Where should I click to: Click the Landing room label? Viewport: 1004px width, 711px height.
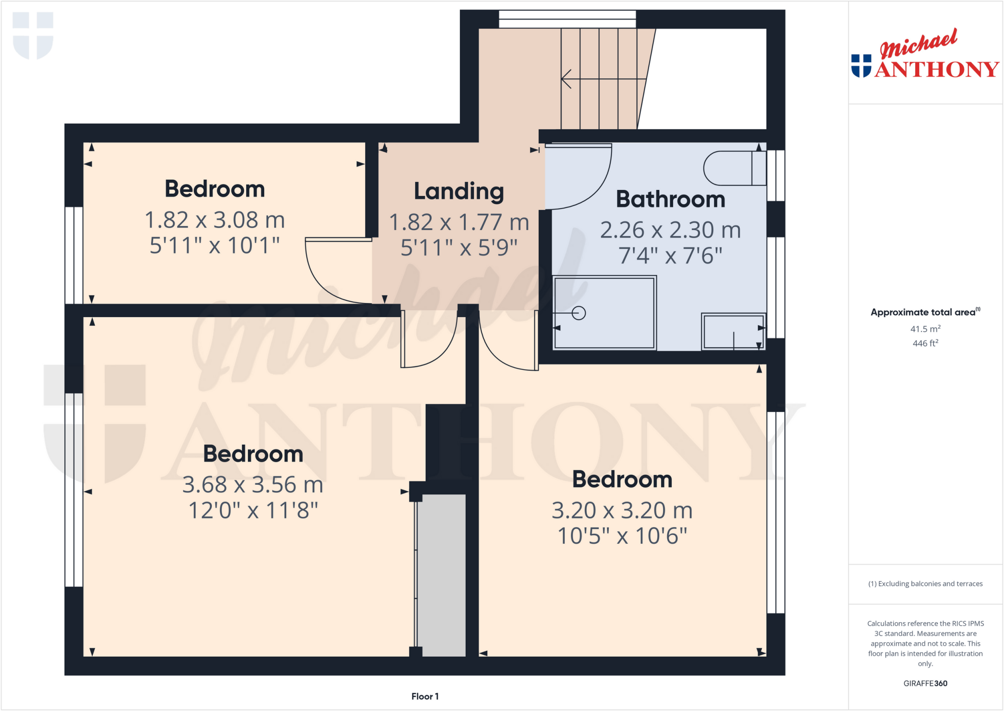click(x=459, y=191)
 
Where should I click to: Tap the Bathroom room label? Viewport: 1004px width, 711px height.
click(x=670, y=199)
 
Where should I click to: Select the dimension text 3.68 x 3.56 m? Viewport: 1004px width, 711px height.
click(x=253, y=485)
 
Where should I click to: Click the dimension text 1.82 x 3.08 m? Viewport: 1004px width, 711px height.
click(x=215, y=220)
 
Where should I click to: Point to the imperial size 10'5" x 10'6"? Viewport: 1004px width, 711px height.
click(x=622, y=536)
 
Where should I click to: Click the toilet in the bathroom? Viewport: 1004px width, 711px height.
click(x=734, y=168)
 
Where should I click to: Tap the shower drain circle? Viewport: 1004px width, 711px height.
click(x=578, y=313)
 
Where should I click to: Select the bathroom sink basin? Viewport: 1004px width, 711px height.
click(x=733, y=332)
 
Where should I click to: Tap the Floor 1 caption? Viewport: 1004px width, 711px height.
click(x=425, y=696)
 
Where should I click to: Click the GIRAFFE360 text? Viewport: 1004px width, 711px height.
click(x=925, y=683)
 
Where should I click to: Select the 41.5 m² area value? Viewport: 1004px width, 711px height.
click(x=925, y=329)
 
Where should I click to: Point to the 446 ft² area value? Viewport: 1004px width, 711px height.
click(x=925, y=343)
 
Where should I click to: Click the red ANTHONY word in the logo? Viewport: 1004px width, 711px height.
click(x=936, y=69)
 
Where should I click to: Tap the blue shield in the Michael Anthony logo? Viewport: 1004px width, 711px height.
click(x=861, y=66)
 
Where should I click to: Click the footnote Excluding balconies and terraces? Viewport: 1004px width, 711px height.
click(x=925, y=583)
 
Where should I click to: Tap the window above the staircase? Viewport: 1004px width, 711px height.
click(x=567, y=20)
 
